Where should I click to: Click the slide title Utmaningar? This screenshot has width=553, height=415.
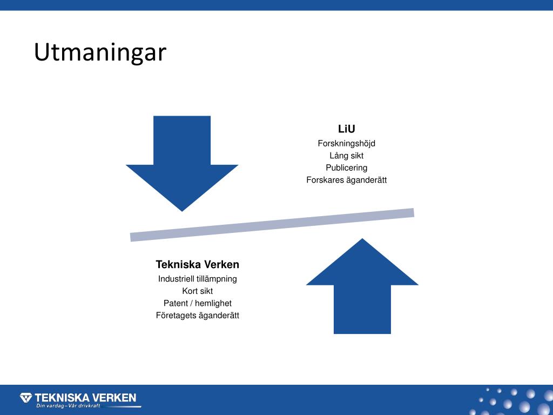tap(100, 53)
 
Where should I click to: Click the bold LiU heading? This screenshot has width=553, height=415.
tap(346, 129)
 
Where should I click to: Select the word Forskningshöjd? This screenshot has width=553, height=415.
tap(346, 144)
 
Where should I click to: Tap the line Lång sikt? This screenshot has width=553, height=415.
tap(346, 156)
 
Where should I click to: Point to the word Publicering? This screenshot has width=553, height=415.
tap(346, 168)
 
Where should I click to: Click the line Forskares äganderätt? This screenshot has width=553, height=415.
tap(346, 180)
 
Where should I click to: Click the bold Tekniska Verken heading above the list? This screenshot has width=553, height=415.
tap(197, 265)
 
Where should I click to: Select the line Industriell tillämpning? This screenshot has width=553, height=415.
tap(197, 279)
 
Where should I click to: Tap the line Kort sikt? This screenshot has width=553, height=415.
tap(197, 291)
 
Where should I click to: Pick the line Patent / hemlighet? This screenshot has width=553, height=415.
tap(197, 303)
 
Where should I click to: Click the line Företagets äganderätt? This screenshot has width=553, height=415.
tap(197, 316)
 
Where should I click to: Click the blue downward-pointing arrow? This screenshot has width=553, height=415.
tap(182, 162)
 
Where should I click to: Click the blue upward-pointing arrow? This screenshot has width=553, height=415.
tap(362, 286)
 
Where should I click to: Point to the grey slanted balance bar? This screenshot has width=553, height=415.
tap(272, 224)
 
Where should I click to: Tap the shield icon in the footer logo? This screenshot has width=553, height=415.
tap(26, 398)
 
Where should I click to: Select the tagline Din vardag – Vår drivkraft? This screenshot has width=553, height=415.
tap(68, 406)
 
